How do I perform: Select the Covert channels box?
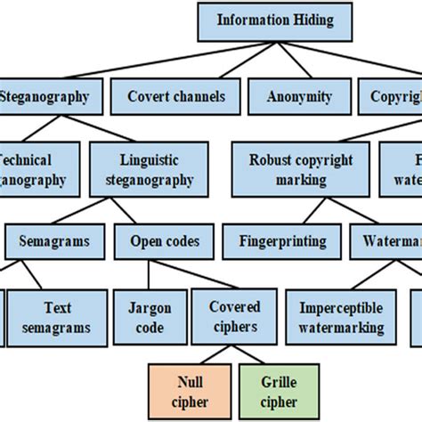point(176,96)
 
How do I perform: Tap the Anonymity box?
point(298,96)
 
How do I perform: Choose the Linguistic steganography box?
point(156,169)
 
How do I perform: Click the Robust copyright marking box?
point(301,169)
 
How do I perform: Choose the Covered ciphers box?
point(235,317)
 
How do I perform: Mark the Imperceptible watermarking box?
point(341,317)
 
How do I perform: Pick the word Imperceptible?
point(341,308)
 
